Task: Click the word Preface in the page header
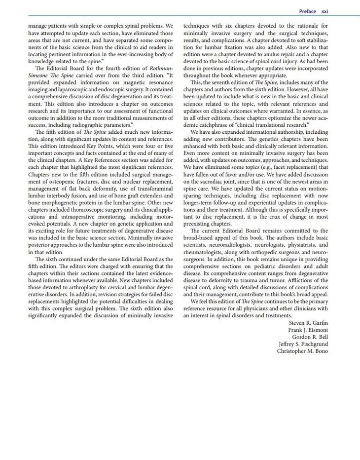pyautogui.click(x=308, y=11)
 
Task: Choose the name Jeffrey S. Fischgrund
pyautogui.click(x=303, y=344)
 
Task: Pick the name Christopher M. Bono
pyautogui.click(x=302, y=351)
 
